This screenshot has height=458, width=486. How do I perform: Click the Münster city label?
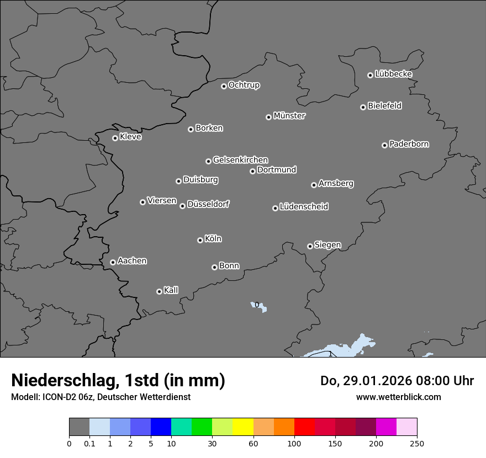[289, 116]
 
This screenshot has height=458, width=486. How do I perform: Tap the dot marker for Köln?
[200, 240]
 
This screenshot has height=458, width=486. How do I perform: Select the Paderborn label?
[409, 144]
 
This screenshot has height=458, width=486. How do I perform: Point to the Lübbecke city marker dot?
[370, 75]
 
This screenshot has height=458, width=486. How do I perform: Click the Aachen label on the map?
[132, 261]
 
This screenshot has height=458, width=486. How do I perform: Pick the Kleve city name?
[130, 137]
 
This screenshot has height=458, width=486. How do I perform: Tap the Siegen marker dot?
[310, 246]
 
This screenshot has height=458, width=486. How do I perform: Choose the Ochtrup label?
[244, 85]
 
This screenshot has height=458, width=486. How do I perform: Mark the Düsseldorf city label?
[208, 204]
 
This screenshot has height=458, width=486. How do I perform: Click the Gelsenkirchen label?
[240, 160]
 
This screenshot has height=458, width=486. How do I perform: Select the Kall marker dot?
[159, 291]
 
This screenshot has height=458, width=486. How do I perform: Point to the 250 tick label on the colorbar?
[417, 443]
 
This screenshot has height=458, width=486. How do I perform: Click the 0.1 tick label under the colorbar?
[89, 443]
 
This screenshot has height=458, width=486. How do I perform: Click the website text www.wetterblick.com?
[398, 397]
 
